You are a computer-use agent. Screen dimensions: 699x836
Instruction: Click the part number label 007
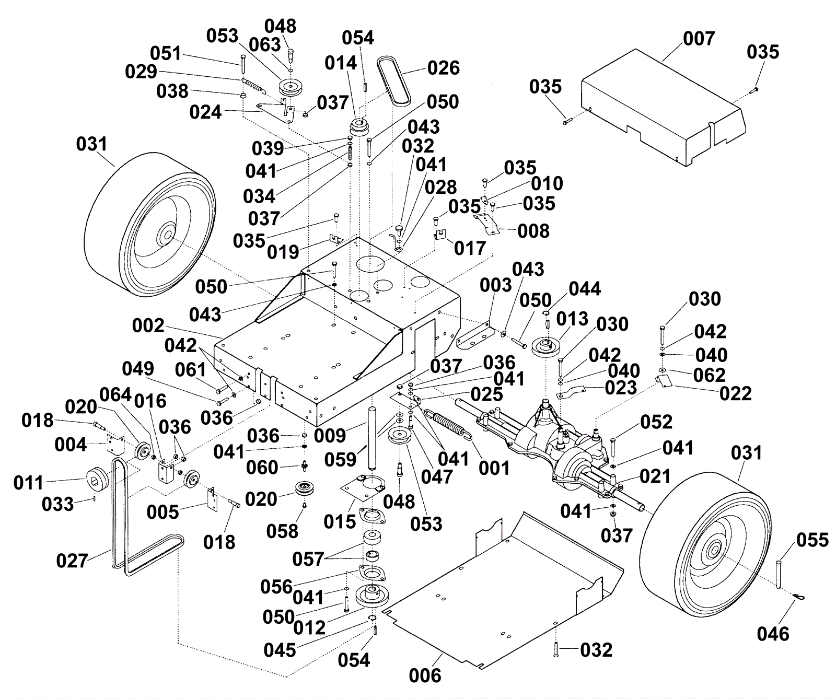click(699, 39)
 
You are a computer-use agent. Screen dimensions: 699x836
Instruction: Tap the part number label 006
click(425, 675)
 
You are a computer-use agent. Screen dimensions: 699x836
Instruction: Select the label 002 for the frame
click(148, 326)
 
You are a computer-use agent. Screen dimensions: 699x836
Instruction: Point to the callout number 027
click(72, 561)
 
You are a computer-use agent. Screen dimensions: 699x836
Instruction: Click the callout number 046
click(773, 634)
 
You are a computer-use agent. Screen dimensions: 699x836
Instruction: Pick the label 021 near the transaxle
click(655, 476)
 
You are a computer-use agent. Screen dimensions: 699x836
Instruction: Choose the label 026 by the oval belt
click(443, 68)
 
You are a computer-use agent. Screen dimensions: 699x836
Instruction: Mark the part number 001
click(494, 468)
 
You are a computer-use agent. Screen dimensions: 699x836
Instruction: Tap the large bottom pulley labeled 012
click(373, 596)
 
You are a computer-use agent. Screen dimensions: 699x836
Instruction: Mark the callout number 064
click(115, 395)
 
